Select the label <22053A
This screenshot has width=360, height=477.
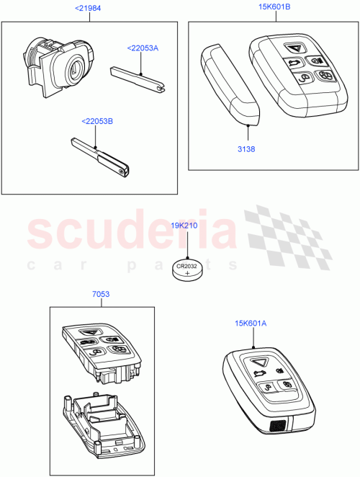point(143,48)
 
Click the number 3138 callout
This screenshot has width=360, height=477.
point(247,150)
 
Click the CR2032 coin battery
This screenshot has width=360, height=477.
point(188,271)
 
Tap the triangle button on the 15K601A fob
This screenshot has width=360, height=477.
point(259,361)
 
